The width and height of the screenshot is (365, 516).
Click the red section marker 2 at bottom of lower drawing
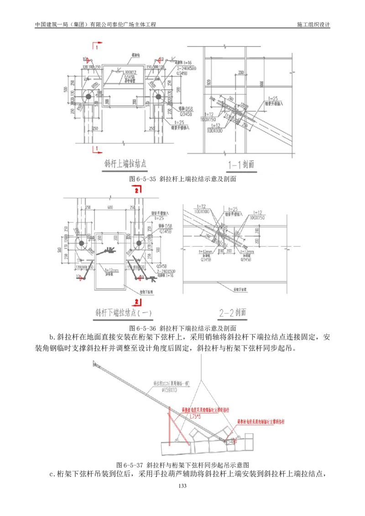point(136,301)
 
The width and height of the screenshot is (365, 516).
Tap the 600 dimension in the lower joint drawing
point(109,207)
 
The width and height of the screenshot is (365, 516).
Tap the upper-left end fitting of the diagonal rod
point(95,363)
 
